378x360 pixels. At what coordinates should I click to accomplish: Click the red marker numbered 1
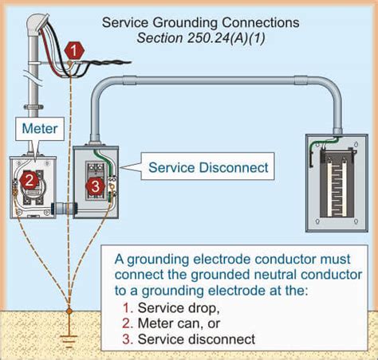click(74, 49)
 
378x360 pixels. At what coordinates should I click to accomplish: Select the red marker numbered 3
click(94, 186)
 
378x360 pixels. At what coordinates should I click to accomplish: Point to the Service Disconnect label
click(209, 168)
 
